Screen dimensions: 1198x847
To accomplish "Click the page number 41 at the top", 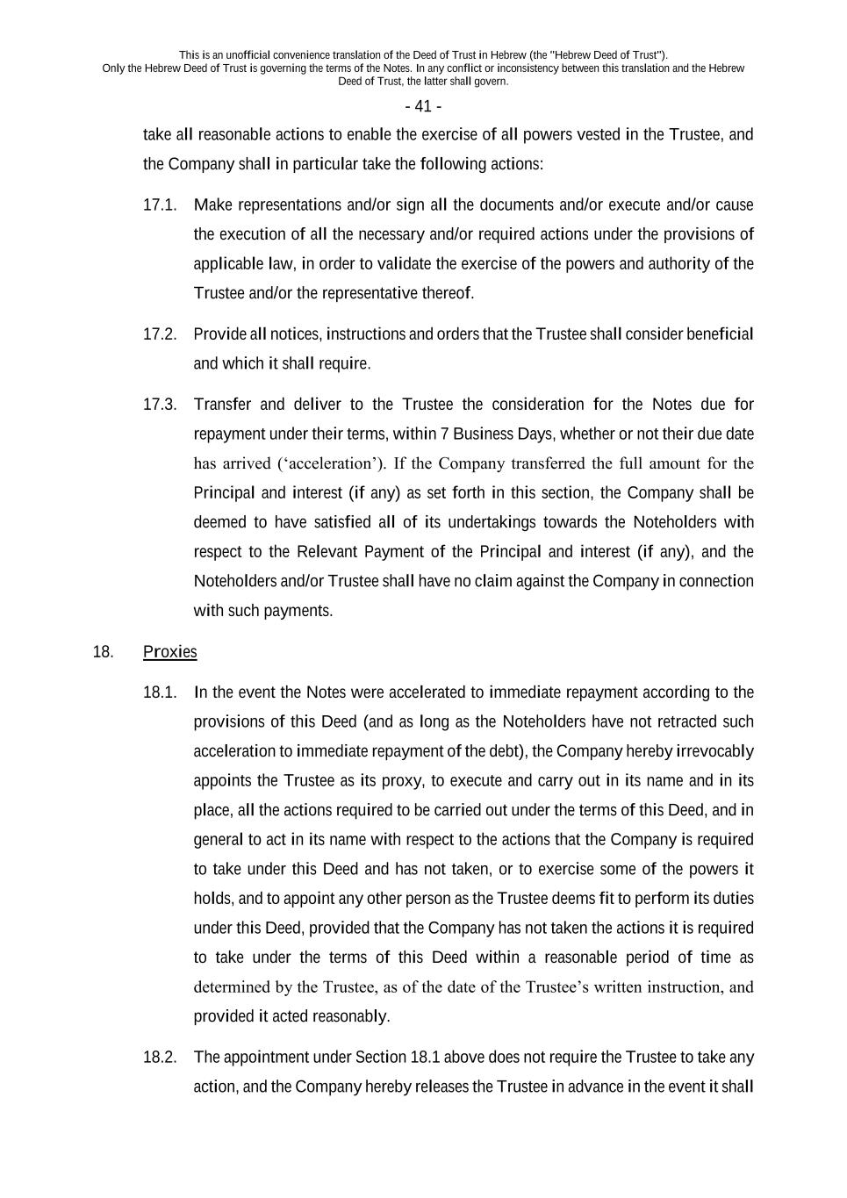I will click(x=423, y=106).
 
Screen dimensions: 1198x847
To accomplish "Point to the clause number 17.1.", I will click(x=160, y=204).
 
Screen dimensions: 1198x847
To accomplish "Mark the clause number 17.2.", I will click(x=160, y=334).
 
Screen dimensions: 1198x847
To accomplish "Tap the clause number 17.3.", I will click(x=160, y=404).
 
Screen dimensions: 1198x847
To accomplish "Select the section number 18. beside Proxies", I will click(x=103, y=651).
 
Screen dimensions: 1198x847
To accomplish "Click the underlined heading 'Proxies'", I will click(x=169, y=651).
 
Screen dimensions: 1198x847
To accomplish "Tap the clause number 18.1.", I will click(x=160, y=692).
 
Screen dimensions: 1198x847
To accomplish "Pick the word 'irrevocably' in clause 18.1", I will click(x=714, y=751).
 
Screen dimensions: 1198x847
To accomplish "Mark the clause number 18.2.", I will click(x=160, y=1057).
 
